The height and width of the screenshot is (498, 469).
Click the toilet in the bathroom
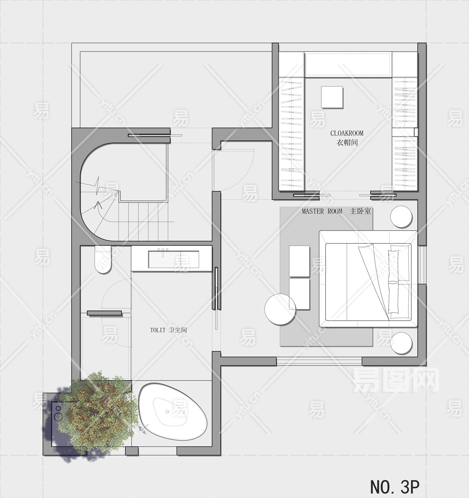click(103, 259)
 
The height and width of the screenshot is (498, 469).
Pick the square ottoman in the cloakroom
click(332, 97)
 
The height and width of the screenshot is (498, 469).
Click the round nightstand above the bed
click(401, 217)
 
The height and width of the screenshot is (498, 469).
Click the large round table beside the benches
click(280, 309)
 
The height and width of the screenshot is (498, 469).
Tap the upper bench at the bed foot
click(299, 261)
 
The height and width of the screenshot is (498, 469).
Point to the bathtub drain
click(167, 412)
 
